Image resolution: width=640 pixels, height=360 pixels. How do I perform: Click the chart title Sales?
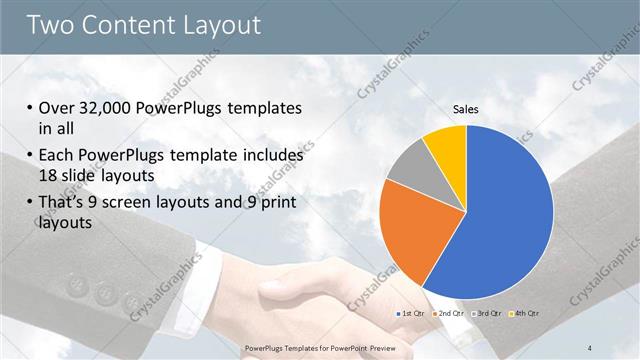tap(466, 108)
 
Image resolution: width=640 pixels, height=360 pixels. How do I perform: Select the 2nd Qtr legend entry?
tap(449, 313)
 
